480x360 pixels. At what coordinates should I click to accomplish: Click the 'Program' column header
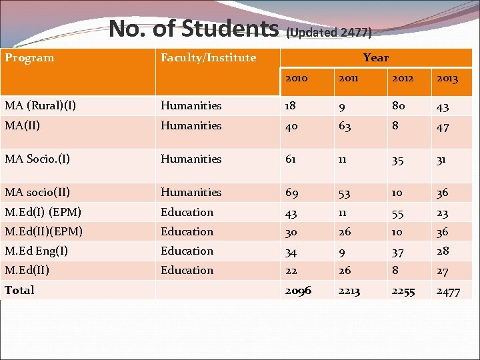(30, 58)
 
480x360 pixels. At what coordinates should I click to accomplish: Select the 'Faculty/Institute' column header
(208, 58)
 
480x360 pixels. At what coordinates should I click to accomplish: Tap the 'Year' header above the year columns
(376, 58)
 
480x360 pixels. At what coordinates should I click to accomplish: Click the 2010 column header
(296, 79)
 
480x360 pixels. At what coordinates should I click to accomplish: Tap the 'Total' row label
(19, 290)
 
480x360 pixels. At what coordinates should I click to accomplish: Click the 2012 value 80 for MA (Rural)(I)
(398, 105)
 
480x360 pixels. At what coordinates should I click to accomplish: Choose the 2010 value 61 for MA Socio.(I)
(291, 159)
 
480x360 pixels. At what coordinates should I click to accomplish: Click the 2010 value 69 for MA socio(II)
(292, 193)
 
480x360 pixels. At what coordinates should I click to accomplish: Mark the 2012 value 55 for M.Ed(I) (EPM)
(398, 213)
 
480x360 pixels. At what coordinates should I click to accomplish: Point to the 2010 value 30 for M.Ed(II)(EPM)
(291, 232)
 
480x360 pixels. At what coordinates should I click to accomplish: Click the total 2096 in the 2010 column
(298, 291)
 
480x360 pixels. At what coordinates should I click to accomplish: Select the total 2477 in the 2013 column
(448, 291)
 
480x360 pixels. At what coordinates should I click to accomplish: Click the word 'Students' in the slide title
(230, 28)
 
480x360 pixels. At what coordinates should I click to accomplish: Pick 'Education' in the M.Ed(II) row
(187, 270)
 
